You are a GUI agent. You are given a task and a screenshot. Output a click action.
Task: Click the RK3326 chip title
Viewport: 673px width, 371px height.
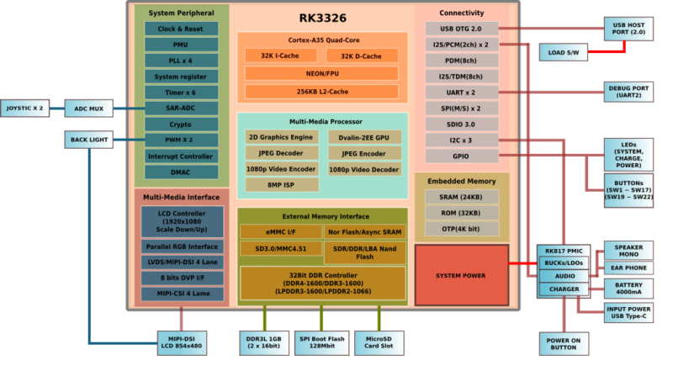[x=323, y=18]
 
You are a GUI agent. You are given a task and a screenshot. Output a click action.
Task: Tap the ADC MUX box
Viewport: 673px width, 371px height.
[x=88, y=109]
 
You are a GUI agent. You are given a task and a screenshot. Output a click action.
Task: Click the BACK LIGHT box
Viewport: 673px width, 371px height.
[x=88, y=139]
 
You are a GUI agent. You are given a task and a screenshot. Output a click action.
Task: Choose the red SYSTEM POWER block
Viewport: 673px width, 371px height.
[x=461, y=275]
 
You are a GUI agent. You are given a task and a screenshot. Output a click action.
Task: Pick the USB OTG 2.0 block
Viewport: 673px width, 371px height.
[x=462, y=29]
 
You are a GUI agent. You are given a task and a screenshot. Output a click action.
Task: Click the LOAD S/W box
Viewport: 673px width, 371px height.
[x=563, y=52]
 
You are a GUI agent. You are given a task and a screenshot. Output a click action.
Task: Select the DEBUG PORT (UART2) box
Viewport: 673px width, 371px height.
[x=629, y=91]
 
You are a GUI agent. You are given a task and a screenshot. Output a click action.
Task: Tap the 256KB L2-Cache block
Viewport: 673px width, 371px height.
[x=323, y=91]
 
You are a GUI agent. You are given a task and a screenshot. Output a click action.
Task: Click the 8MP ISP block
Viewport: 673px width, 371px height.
[x=282, y=185]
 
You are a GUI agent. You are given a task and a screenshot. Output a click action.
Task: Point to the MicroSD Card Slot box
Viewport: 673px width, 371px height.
[x=378, y=342]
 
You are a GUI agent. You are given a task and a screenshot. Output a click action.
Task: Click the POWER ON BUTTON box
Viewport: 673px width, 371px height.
[x=563, y=342]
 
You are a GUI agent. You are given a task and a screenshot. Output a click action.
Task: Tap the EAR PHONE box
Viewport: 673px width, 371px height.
[x=629, y=268]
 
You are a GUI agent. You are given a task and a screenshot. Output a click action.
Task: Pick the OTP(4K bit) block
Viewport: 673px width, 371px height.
[x=462, y=229]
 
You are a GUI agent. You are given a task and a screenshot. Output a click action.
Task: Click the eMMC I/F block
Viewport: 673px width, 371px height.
[x=280, y=232]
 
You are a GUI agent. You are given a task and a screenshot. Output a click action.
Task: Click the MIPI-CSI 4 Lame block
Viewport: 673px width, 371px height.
[x=183, y=294]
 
